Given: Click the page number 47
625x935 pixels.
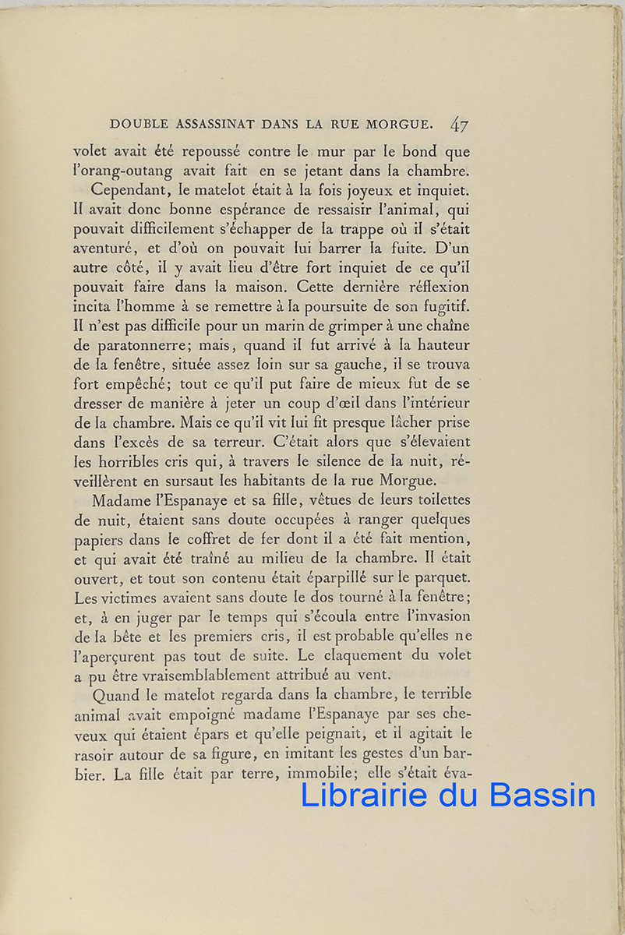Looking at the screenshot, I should point(459,124).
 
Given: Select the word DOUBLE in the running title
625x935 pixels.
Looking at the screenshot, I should point(136,124).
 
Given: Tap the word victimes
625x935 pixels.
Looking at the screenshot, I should point(129,598).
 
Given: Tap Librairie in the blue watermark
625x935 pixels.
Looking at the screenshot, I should point(364,795).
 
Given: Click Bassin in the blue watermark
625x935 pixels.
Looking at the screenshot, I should point(542,795).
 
